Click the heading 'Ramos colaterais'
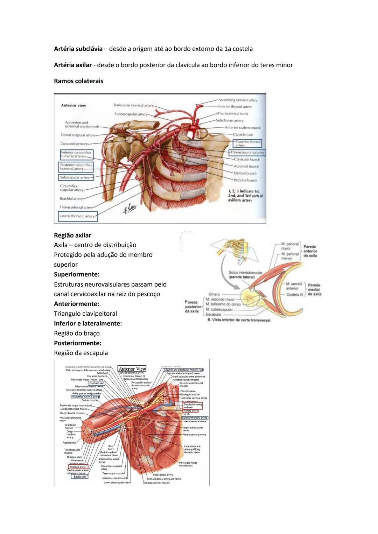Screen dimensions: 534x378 click(78, 81)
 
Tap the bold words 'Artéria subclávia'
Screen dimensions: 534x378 click(78, 49)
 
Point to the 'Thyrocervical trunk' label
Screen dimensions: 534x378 click(233, 114)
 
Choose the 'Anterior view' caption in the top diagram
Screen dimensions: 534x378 click(73, 105)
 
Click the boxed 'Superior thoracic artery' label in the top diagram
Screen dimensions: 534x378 click(247, 143)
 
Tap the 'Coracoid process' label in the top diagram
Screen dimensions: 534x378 click(74, 144)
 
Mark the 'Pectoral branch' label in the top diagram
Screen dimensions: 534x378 click(245, 181)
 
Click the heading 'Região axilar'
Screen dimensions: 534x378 click(72, 236)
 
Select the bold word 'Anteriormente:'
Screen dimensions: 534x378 click(76, 304)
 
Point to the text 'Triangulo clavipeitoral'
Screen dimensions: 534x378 click(85, 314)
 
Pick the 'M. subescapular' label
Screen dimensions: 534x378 click(220, 310)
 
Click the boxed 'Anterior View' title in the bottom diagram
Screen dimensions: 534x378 click(132, 369)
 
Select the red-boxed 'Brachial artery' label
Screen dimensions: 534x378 click(78, 467)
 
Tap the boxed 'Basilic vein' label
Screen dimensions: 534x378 click(80, 477)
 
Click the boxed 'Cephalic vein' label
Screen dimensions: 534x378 click(97, 383)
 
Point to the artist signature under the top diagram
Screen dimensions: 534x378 click(129, 209)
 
